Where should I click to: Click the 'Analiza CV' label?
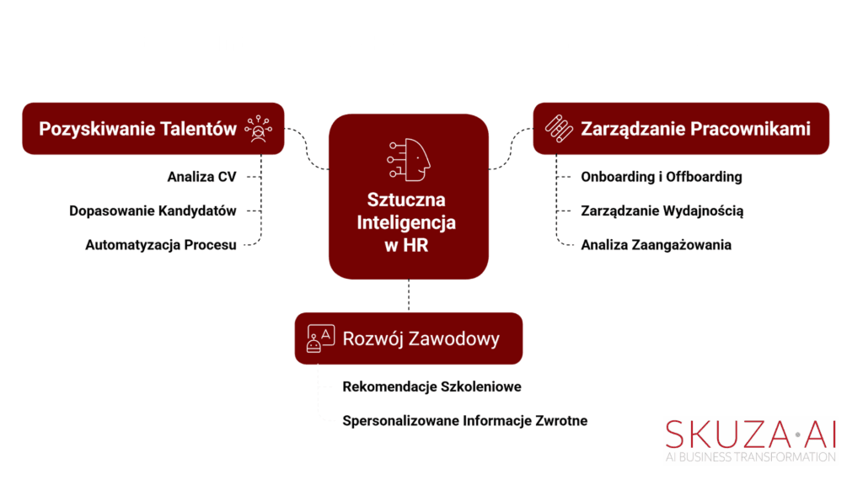click(x=201, y=177)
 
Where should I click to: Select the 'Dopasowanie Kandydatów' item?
click(x=153, y=211)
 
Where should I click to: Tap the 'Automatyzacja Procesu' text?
click(x=161, y=245)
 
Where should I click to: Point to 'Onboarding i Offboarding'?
click(x=662, y=177)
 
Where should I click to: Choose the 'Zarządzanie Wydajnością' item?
click(x=662, y=211)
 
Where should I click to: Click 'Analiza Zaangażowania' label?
click(x=656, y=245)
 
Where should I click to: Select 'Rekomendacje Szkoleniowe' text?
click(x=431, y=386)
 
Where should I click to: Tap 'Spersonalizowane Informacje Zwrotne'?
click(x=465, y=421)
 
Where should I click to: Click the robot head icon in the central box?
click(x=409, y=159)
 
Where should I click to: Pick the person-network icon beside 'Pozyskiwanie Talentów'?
click(x=258, y=129)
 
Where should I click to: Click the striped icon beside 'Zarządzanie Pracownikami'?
click(x=559, y=129)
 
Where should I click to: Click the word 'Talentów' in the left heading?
click(x=203, y=129)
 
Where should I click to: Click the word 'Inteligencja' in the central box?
click(x=406, y=222)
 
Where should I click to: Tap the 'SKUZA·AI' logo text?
click(x=751, y=434)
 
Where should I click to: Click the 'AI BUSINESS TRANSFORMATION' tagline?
click(x=751, y=457)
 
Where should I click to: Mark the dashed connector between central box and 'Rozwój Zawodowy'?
click(x=409, y=296)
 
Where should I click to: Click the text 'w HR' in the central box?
click(x=406, y=245)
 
